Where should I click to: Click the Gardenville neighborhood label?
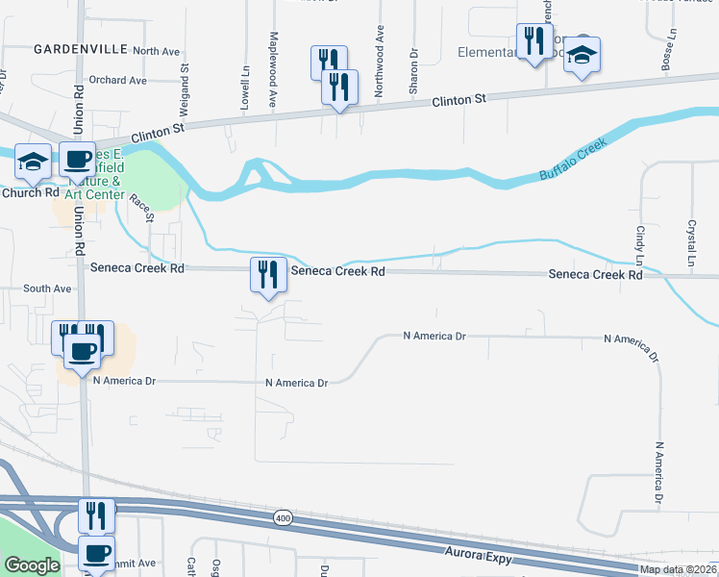click(66, 48)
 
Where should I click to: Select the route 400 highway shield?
click(282, 516)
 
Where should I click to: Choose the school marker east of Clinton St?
click(583, 55)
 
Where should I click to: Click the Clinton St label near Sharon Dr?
click(460, 100)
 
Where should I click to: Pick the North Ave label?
click(157, 51)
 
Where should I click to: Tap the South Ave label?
click(47, 288)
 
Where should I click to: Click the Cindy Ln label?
click(639, 245)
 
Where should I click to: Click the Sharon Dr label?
click(413, 70)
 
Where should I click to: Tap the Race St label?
click(141, 207)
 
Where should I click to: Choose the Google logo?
click(33, 565)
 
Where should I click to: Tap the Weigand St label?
click(183, 80)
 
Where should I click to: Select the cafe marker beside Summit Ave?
click(96, 555)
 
